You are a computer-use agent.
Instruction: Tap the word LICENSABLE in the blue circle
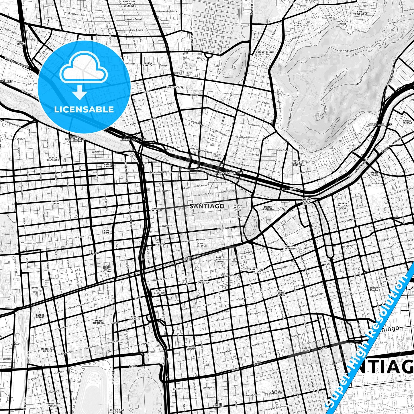coord(84,109)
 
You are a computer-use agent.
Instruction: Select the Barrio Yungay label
coord(55,203)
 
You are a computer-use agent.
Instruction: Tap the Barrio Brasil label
coord(108,231)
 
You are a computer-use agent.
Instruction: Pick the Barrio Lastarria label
coord(268,208)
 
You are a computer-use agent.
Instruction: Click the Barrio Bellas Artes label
coord(238,207)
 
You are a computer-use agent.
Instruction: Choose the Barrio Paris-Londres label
coord(220,259)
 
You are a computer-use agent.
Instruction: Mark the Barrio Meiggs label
coord(40,316)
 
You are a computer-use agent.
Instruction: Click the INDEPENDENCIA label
coord(174,87)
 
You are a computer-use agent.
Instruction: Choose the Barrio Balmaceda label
coord(53,159)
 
